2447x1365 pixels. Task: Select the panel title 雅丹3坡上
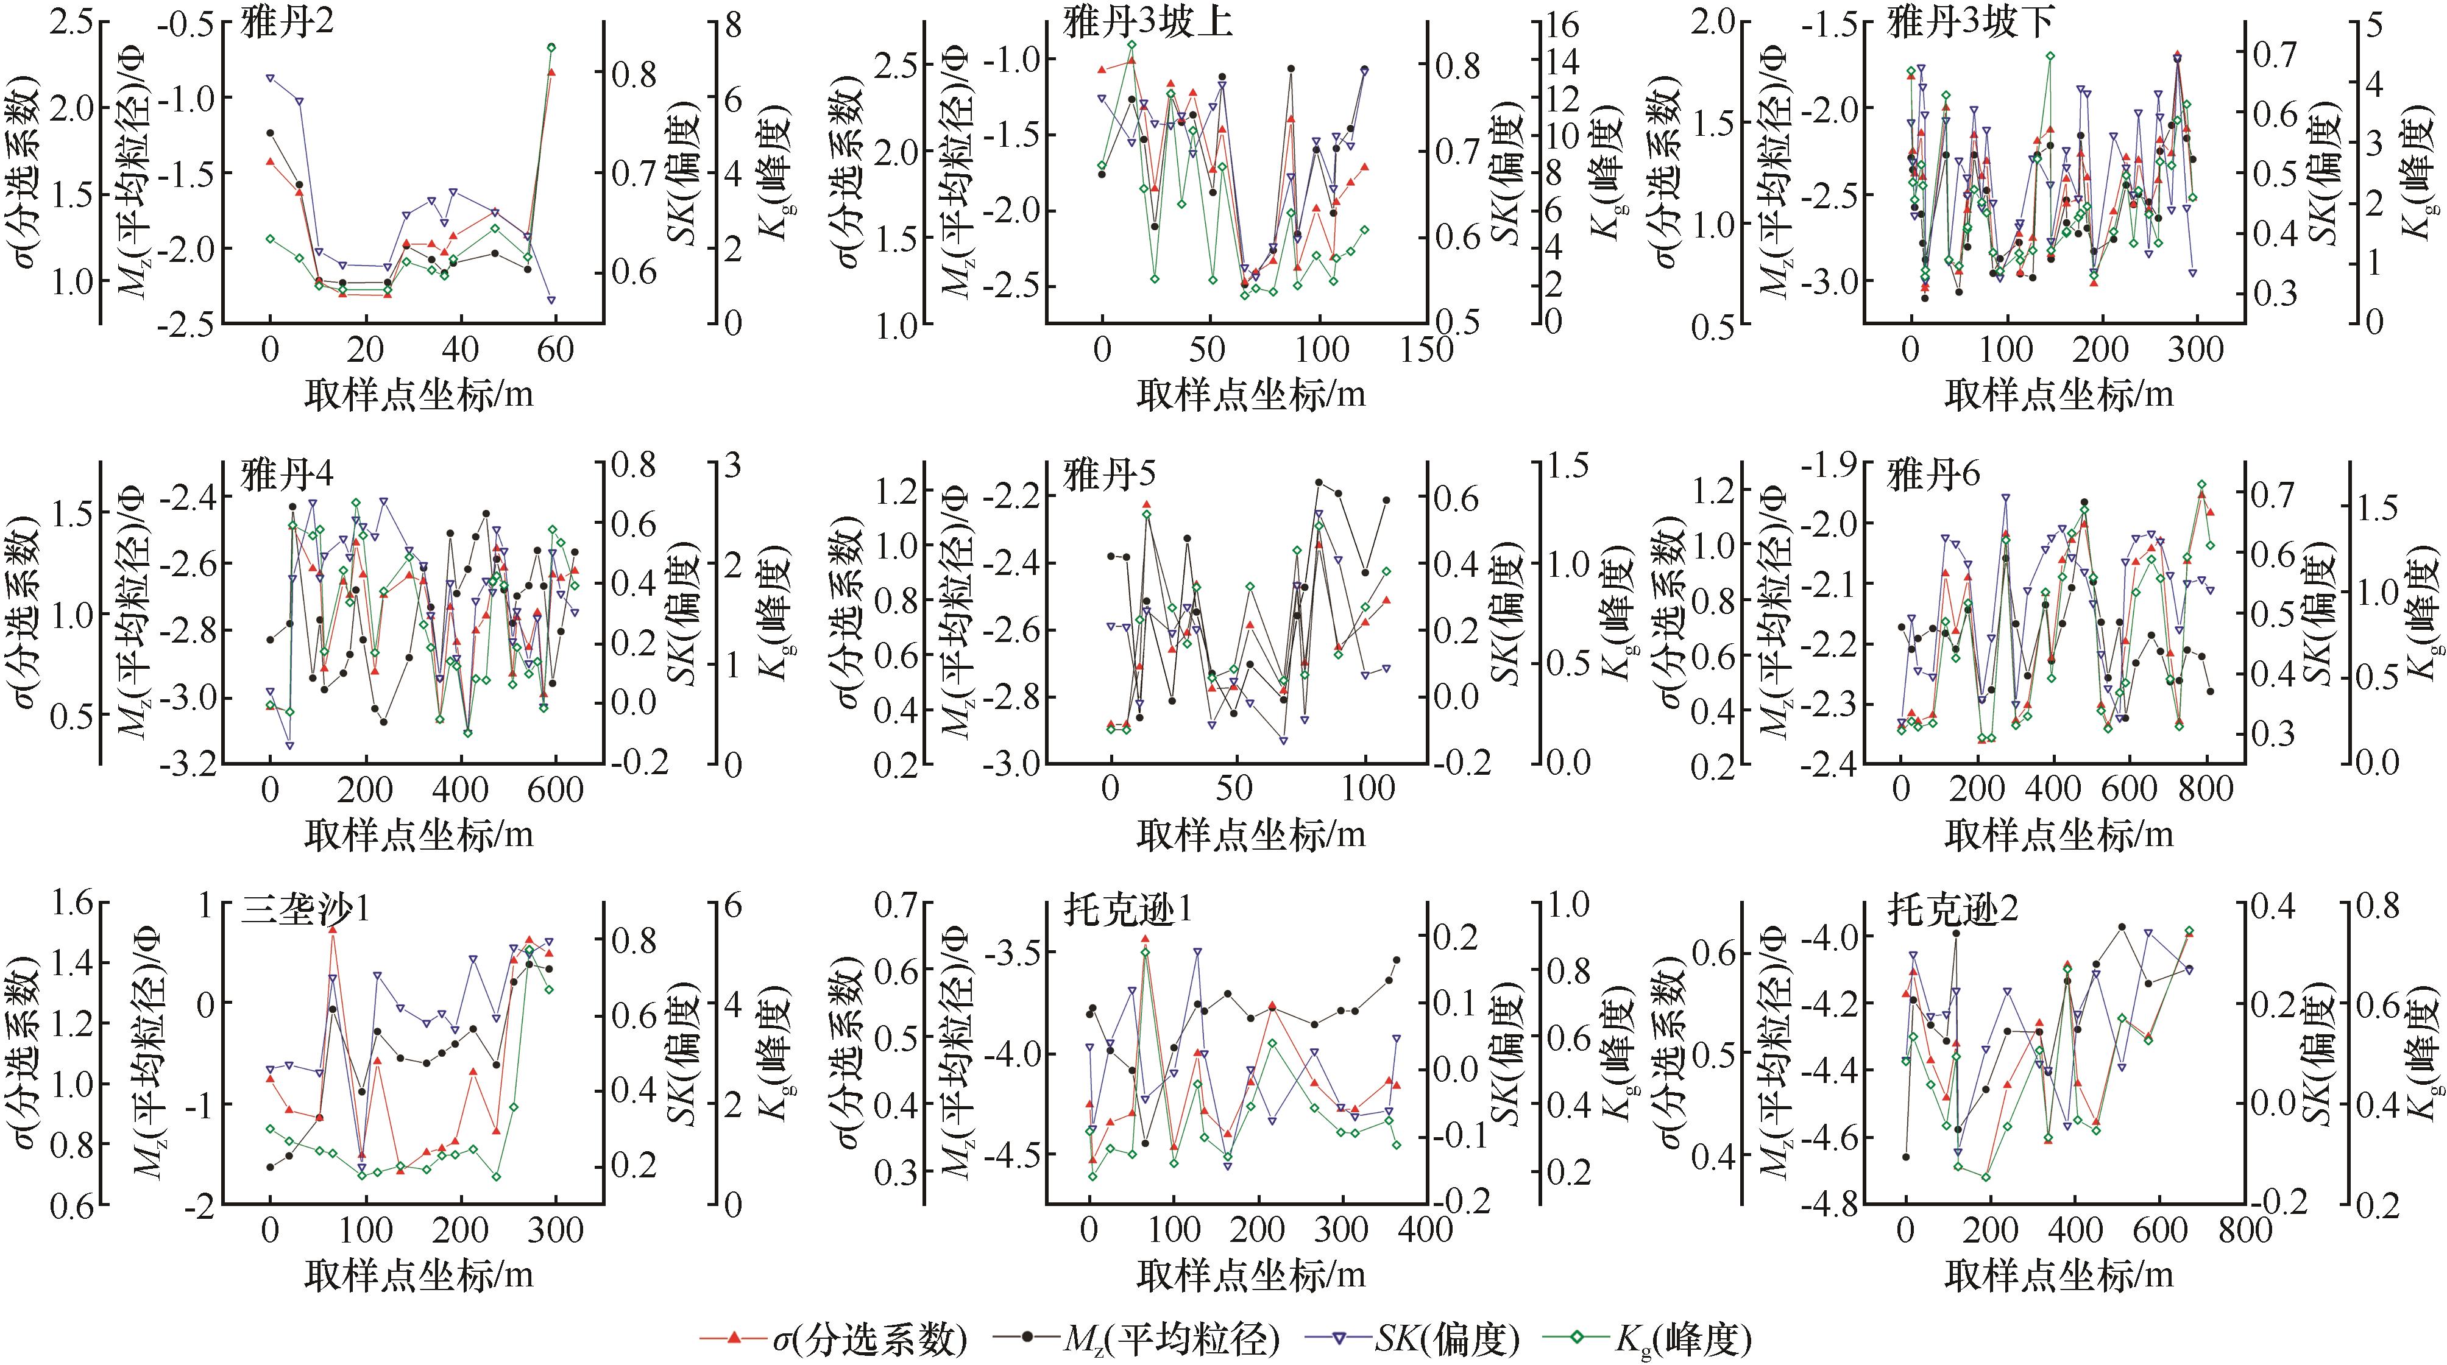[x=1147, y=24]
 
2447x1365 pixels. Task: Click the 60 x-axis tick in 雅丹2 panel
[x=556, y=350]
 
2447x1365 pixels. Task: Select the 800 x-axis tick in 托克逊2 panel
[x=2243, y=1230]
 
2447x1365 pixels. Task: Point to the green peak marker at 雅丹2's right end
[x=551, y=46]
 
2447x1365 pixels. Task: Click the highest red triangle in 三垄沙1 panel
[x=333, y=931]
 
